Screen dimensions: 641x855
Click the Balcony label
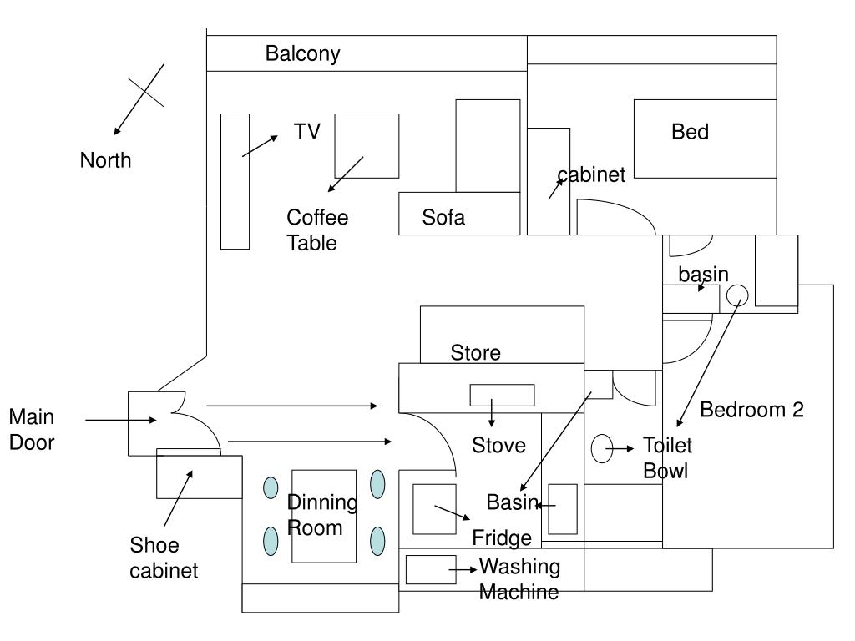click(302, 54)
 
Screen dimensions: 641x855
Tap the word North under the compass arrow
click(105, 160)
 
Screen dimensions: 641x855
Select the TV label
click(306, 131)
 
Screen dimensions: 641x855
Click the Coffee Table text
click(317, 230)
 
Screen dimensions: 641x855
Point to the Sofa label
click(443, 219)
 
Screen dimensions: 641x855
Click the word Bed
click(690, 132)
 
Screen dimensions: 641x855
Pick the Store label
click(475, 353)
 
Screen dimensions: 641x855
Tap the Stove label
click(498, 446)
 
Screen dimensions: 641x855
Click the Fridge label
click(502, 538)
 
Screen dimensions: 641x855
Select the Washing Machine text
click(519, 579)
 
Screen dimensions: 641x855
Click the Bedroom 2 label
click(751, 410)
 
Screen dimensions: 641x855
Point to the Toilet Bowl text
click(666, 457)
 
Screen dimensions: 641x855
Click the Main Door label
click(32, 430)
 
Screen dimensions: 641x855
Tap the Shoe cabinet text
click(164, 558)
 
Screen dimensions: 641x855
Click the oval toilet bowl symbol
click(602, 448)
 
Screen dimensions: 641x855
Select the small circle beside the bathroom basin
click(736, 295)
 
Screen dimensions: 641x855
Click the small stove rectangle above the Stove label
click(502, 395)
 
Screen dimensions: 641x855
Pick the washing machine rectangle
click(430, 569)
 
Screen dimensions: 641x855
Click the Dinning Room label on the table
click(322, 515)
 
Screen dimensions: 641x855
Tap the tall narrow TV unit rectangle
click(235, 181)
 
